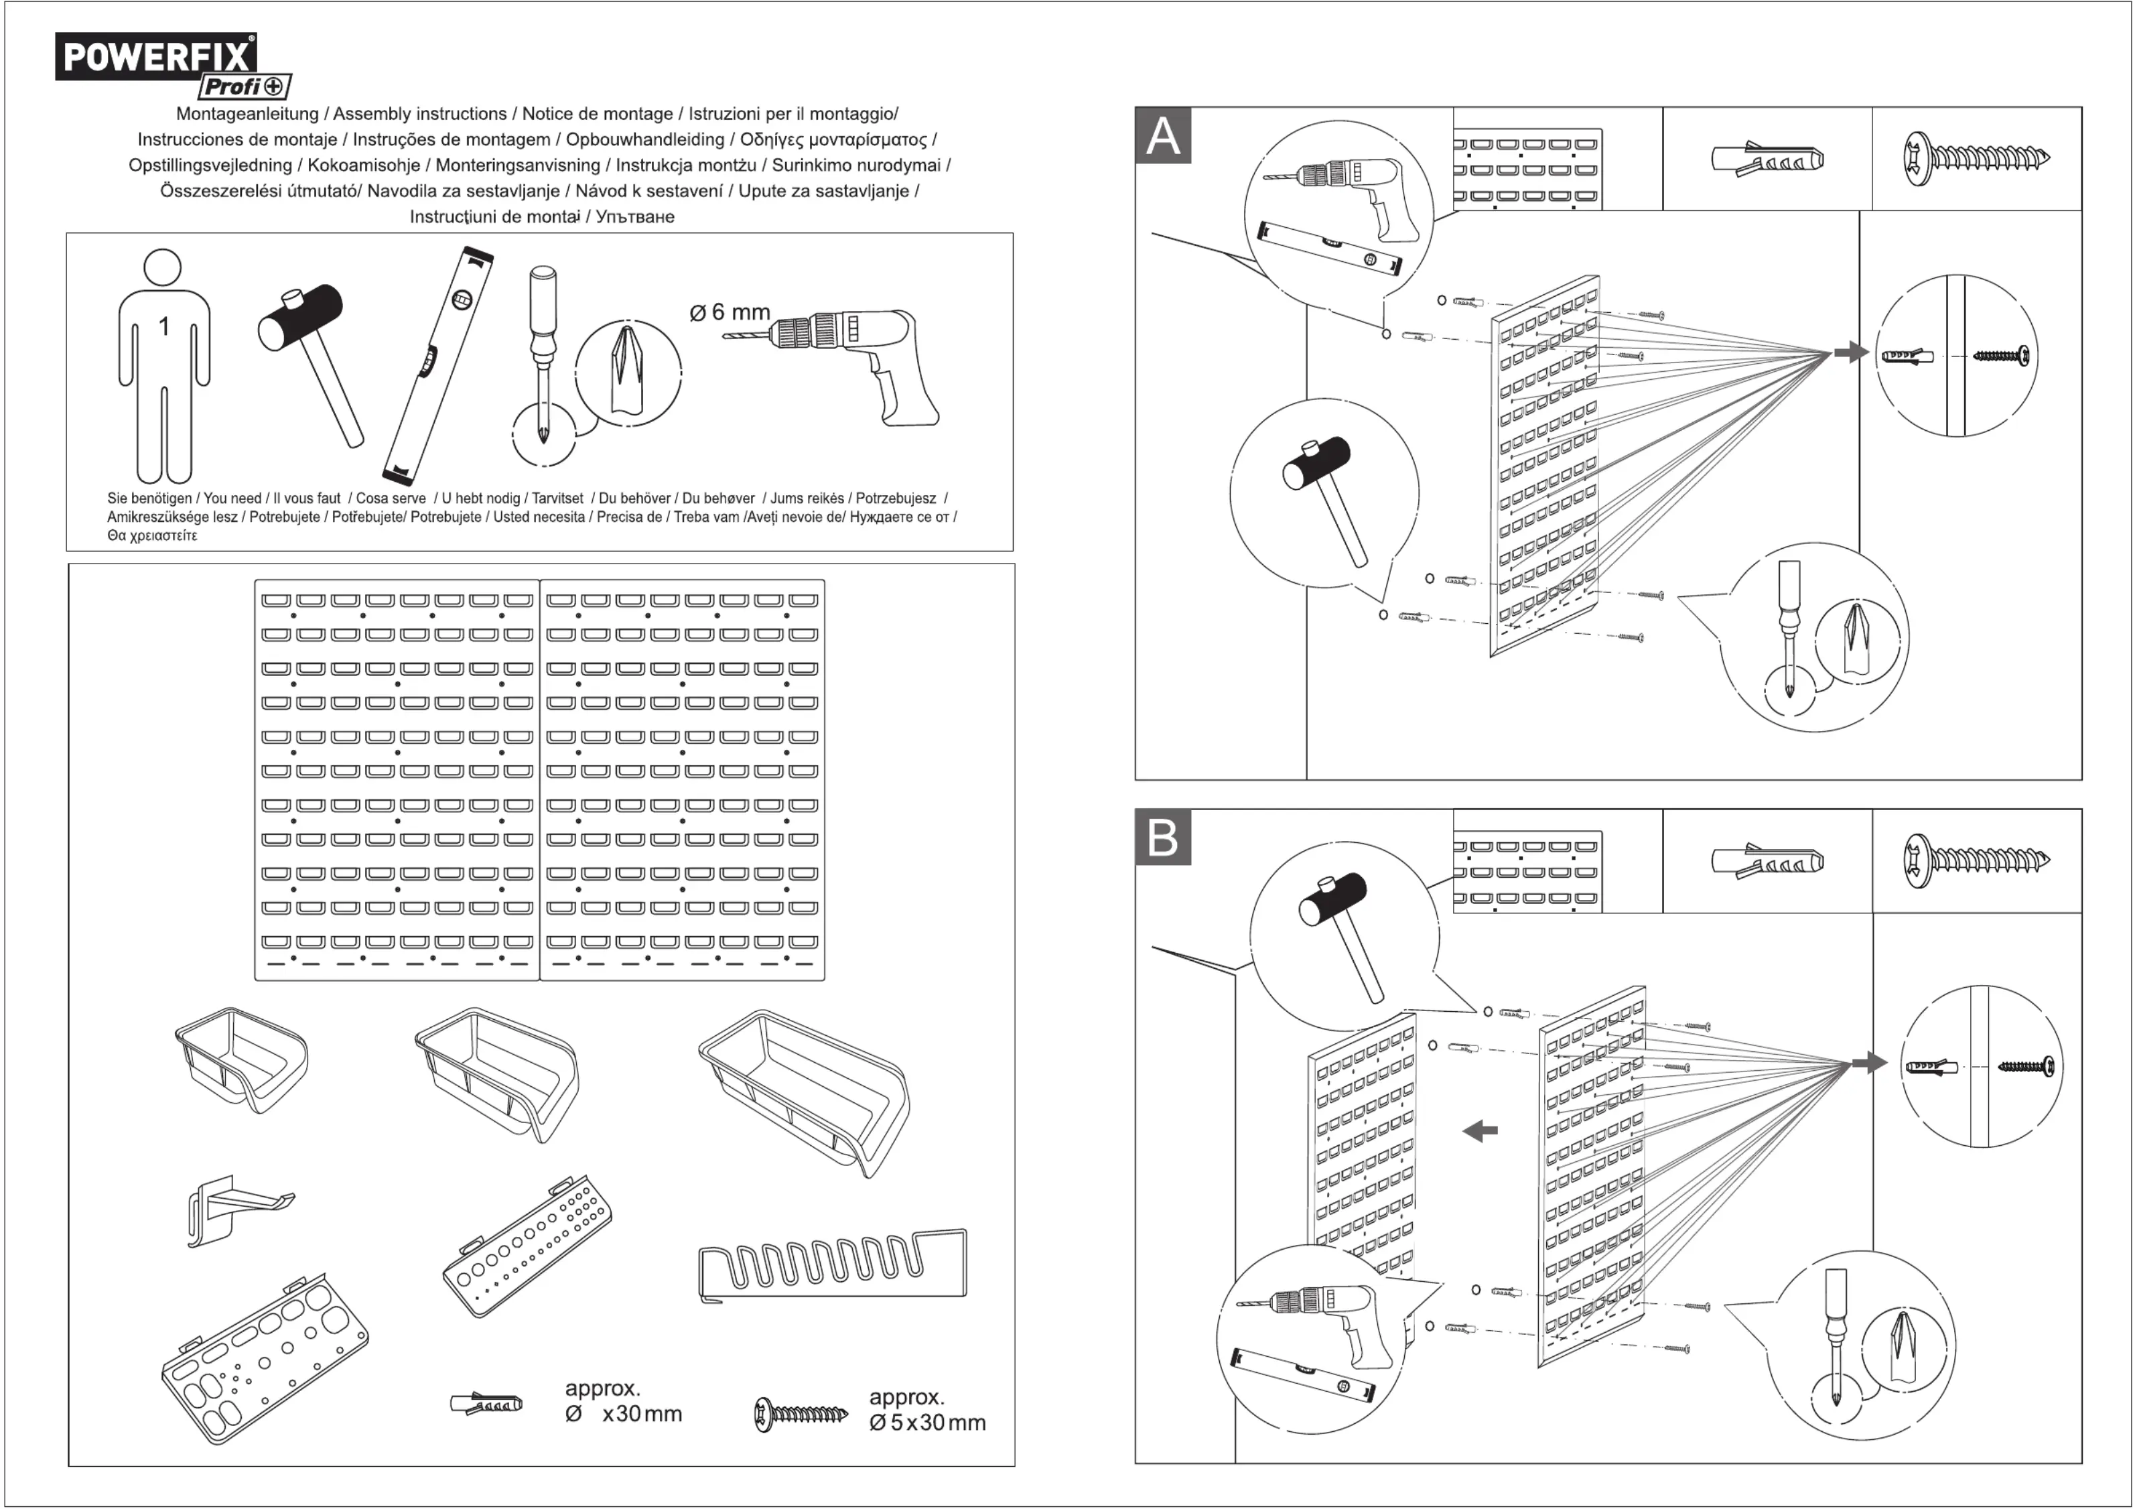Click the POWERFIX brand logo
point(156,57)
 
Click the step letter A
point(1163,137)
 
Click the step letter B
point(1163,838)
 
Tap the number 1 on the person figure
point(163,327)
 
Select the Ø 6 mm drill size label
point(730,312)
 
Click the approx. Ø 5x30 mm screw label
point(926,1410)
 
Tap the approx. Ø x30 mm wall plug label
point(622,1401)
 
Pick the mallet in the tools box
point(312,353)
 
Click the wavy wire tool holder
point(831,1264)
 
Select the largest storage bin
point(804,1087)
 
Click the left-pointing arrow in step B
point(1481,1131)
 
